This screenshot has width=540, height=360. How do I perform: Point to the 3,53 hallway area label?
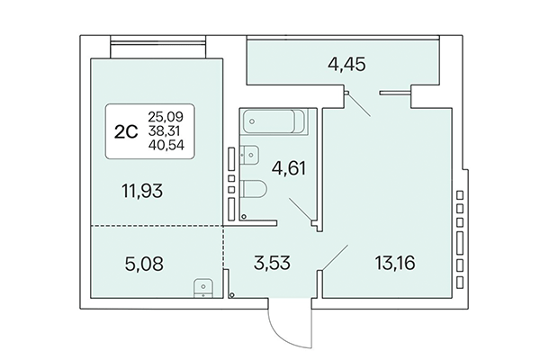[x=267, y=265]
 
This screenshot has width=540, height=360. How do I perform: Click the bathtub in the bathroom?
[x=275, y=121]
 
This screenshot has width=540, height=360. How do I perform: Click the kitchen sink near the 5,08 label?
[x=203, y=287]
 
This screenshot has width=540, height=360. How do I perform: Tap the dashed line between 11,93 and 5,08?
[x=153, y=225]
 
